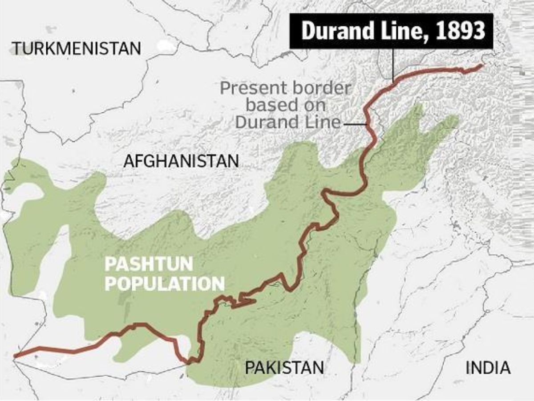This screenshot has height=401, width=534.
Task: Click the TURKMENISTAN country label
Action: click(x=76, y=48)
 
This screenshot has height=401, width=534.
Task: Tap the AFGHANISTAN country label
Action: click(x=181, y=161)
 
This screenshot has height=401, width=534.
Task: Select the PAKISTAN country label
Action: click(x=284, y=368)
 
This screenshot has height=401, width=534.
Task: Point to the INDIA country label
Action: click(x=488, y=368)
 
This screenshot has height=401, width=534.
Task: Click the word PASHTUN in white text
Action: click(x=149, y=265)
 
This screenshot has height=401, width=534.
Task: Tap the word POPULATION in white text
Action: click(x=164, y=283)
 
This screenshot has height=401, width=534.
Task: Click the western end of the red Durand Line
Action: click(x=15, y=356)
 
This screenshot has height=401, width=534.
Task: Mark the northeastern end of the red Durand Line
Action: click(x=481, y=65)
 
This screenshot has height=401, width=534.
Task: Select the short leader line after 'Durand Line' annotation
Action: click(x=353, y=123)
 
